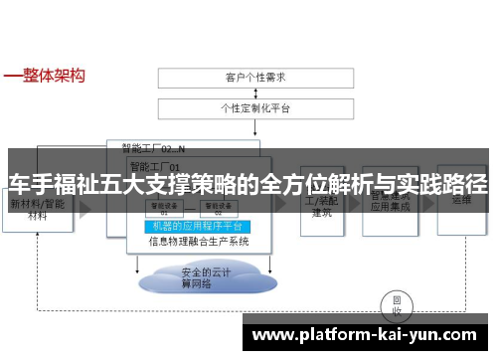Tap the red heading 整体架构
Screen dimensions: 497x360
coord(51,75)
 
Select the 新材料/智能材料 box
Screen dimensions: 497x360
coord(39,209)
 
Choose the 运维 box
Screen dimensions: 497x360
coord(460,204)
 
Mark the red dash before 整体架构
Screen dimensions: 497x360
coord(11,76)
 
